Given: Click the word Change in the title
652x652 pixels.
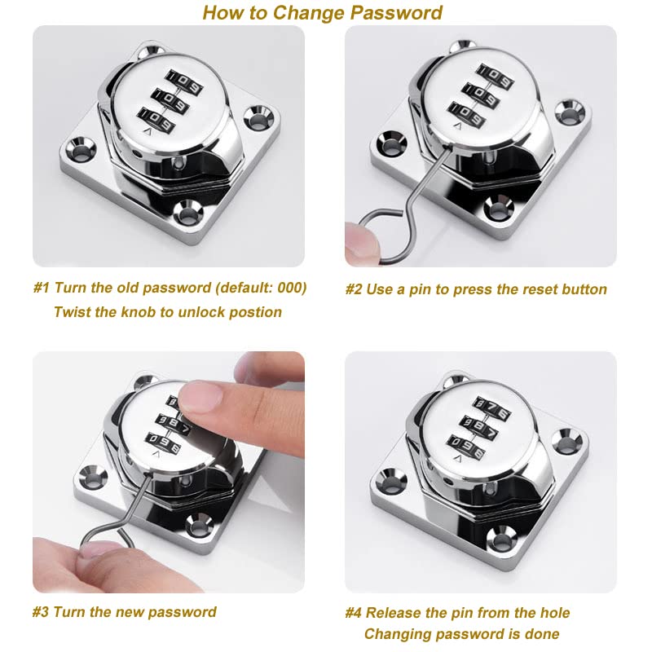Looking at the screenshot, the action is (309, 13).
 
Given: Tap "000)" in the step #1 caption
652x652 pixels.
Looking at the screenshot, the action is (292, 288).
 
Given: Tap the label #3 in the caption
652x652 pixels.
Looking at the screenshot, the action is (41, 612).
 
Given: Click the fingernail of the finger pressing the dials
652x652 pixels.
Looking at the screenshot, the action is (202, 394).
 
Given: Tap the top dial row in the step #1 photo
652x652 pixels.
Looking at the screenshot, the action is (184, 82).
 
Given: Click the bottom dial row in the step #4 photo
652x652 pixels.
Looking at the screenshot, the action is (466, 447).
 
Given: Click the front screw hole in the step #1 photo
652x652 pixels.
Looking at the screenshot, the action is (189, 213).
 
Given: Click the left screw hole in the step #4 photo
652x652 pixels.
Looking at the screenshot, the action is (392, 481).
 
